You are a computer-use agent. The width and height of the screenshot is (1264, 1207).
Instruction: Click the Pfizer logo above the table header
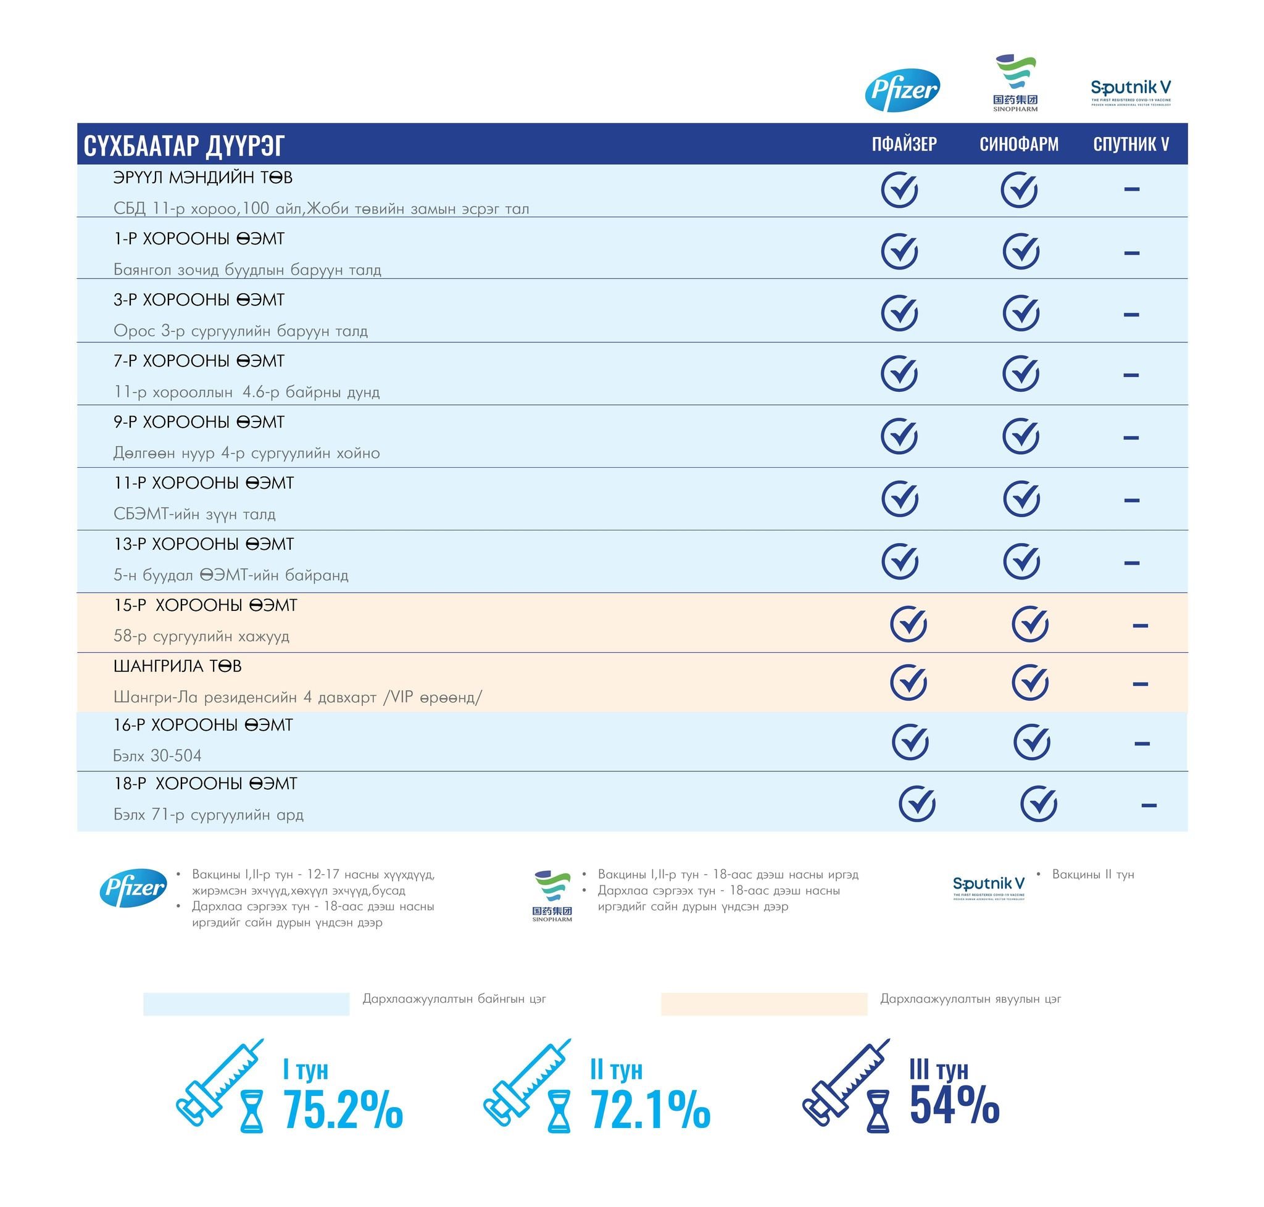pos(902,90)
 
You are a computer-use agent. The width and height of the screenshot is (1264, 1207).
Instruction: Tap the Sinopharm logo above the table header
pos(1015,84)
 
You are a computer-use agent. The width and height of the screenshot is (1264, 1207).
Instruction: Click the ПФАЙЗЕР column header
pos(904,144)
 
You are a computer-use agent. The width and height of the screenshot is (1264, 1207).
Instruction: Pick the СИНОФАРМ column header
pos(1019,144)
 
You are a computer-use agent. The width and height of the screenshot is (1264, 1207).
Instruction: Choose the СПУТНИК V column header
pos(1131,144)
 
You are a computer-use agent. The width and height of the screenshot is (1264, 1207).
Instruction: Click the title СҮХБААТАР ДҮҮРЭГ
pos(184,146)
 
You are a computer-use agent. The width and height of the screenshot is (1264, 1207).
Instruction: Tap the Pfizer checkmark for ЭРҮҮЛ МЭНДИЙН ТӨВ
pos(899,190)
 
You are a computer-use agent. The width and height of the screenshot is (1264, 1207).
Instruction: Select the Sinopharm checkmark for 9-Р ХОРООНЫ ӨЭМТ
pos(1021,436)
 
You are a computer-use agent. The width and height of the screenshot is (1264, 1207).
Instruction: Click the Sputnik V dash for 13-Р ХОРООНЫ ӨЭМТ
pos(1131,563)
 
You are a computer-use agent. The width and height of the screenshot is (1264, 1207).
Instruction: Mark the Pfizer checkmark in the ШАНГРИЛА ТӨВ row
pos(908,682)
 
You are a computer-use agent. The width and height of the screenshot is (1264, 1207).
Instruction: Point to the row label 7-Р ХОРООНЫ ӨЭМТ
pos(199,361)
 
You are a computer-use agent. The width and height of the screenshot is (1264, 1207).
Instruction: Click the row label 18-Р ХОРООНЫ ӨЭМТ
pos(206,784)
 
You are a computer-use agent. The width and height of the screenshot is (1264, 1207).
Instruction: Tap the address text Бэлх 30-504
pos(157,755)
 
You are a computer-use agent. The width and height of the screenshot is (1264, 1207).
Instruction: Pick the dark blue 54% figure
pos(954,1105)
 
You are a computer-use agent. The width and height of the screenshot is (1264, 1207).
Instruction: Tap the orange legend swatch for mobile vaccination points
pos(763,1004)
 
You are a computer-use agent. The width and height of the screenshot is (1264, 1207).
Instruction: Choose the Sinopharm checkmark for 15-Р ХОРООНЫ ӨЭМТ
pos(1029,624)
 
